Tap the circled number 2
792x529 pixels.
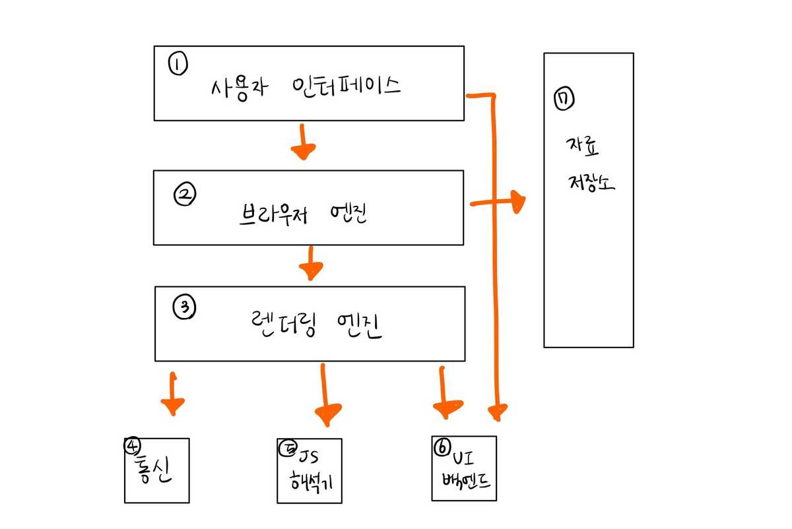[184, 193]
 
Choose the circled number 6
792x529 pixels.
[442, 448]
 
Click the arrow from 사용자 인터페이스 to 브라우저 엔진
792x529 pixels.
[302, 143]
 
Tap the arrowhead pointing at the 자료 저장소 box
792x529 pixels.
[516, 202]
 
